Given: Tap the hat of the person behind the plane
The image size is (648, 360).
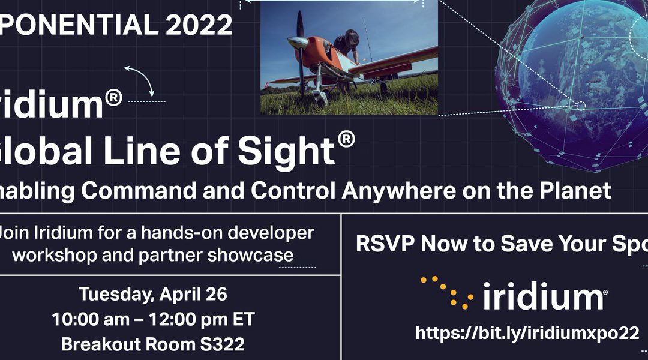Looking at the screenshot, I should click(x=351, y=37).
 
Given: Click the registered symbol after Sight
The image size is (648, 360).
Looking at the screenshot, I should click(x=346, y=139).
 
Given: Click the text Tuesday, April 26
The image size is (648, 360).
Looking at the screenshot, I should click(x=153, y=294).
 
